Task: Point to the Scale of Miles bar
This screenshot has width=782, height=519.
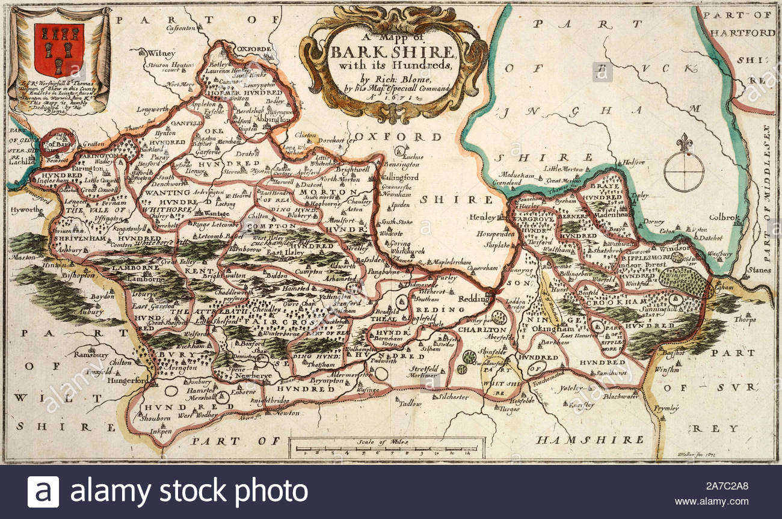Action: (386, 447)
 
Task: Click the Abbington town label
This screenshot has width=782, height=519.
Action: (259, 120)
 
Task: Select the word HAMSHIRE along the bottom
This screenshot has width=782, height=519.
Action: (590, 440)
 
